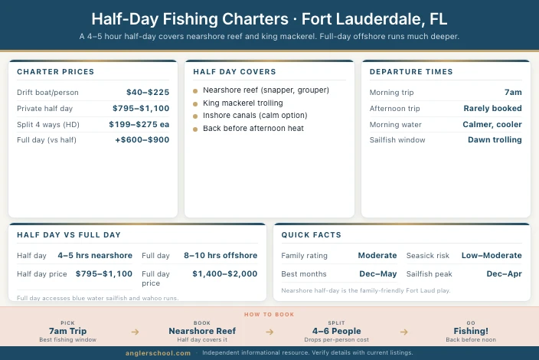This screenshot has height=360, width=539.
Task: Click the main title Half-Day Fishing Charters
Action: click(269, 18)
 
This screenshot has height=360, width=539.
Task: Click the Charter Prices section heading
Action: click(55, 72)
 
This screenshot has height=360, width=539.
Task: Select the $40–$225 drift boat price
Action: click(147, 92)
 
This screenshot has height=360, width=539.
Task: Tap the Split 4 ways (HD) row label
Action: click(47, 124)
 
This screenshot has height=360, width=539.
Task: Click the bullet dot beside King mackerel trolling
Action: click(196, 103)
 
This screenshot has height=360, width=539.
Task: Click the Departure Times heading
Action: click(410, 72)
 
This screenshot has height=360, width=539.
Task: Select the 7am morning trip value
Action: click(513, 92)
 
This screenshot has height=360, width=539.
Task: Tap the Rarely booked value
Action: click(492, 108)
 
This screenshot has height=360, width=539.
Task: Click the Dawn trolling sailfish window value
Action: click(495, 140)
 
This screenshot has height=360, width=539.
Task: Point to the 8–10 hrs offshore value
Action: click(220, 255)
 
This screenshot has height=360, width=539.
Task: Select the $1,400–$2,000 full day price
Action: click(224, 273)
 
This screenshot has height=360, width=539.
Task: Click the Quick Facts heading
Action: click(311, 234)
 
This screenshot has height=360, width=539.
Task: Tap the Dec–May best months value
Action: click(378, 273)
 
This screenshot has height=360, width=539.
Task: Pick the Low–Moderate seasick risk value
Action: click(492, 255)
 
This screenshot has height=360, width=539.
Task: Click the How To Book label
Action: click(269, 314)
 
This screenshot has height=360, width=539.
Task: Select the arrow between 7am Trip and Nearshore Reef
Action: click(135, 332)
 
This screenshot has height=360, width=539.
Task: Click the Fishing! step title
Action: click(471, 331)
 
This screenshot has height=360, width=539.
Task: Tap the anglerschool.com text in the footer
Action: click(158, 353)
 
